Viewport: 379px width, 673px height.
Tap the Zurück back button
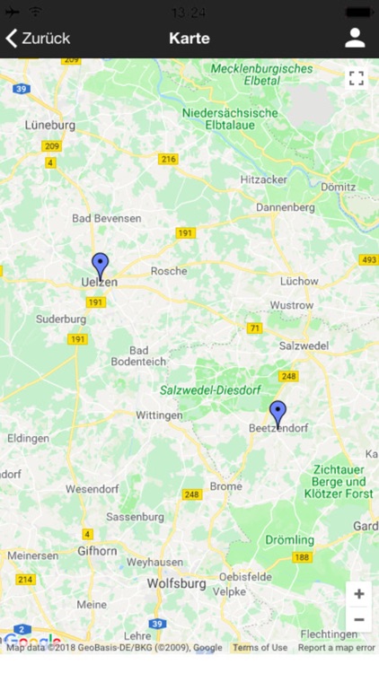(38, 39)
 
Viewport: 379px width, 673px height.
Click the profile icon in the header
(355, 38)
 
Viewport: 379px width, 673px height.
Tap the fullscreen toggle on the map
(357, 78)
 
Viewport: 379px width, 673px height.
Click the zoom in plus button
(358, 594)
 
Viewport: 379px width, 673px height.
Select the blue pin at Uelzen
(101, 267)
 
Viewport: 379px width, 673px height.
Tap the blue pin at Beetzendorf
(278, 414)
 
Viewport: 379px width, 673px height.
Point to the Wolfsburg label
(176, 584)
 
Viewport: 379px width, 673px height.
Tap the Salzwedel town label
(304, 345)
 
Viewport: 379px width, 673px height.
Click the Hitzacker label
(264, 179)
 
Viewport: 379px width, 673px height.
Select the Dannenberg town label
(286, 207)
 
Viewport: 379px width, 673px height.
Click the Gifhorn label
(97, 550)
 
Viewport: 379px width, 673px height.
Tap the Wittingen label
(158, 415)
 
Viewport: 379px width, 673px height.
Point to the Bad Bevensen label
(107, 218)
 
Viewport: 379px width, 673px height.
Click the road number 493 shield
(368, 260)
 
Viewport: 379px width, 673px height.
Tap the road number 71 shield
(255, 328)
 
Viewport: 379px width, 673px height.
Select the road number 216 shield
(168, 159)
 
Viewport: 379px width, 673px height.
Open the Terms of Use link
(260, 648)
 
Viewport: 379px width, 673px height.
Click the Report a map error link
(337, 648)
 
